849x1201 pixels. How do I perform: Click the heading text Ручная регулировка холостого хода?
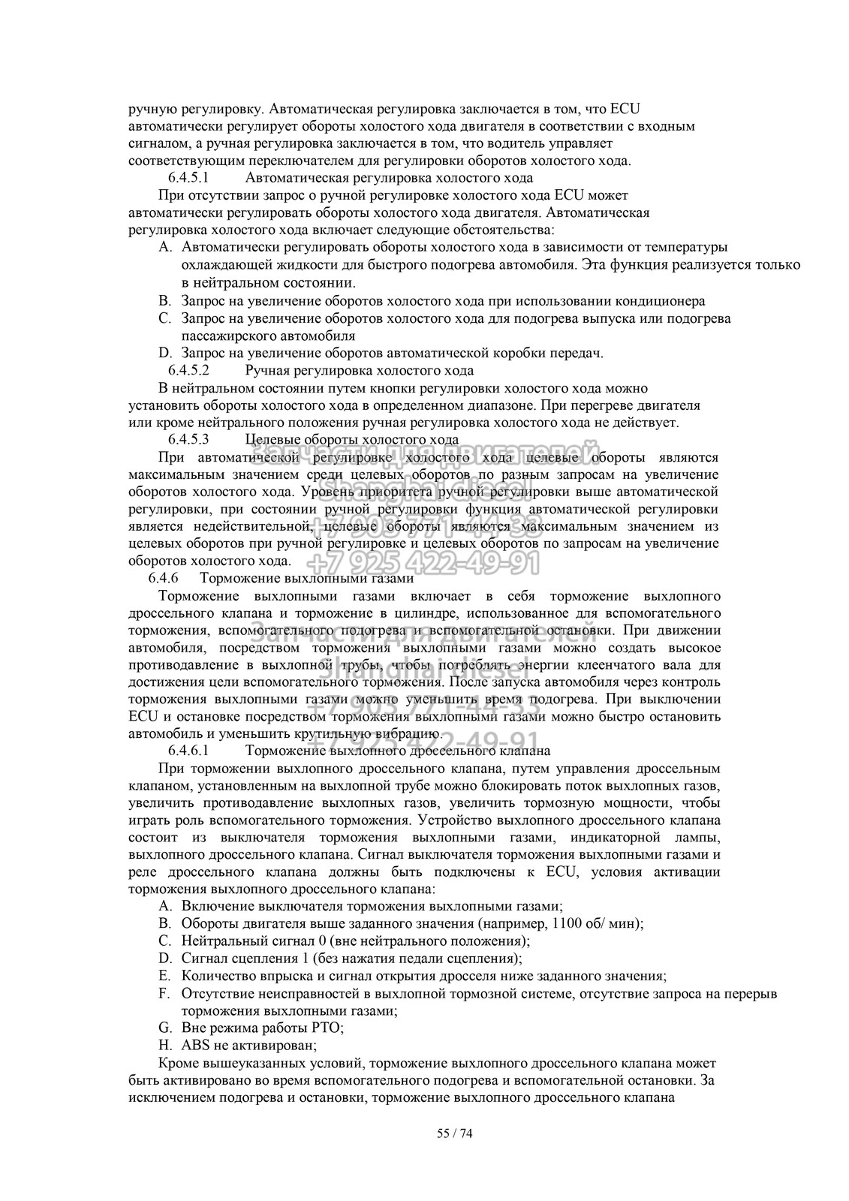[359, 370]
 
